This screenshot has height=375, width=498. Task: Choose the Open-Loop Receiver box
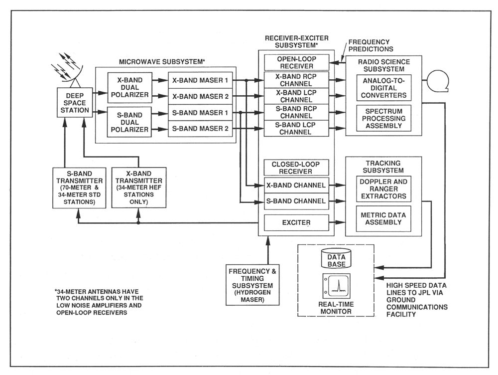point(296,63)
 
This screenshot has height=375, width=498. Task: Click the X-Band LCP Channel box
point(296,95)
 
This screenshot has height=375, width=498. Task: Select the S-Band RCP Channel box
point(296,111)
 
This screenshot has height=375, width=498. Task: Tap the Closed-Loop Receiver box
point(296,168)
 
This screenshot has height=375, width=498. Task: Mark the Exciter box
point(296,222)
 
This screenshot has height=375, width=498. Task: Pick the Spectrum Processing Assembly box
point(382,118)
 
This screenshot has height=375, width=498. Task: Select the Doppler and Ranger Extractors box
point(382,188)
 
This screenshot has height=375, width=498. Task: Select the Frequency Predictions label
point(370,45)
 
